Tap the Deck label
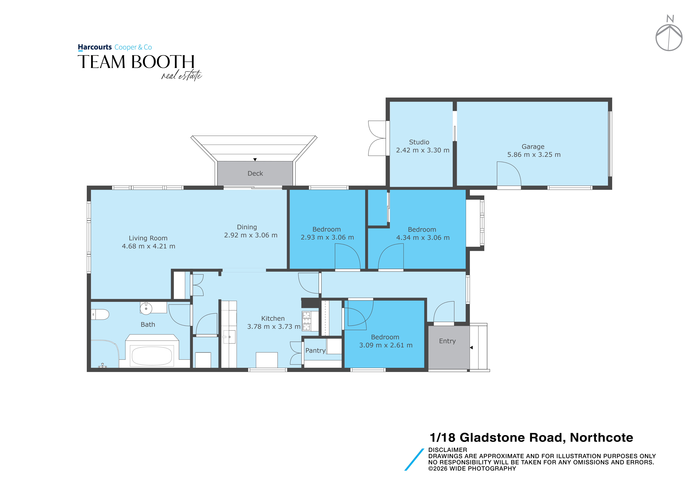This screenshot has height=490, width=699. click(x=255, y=174)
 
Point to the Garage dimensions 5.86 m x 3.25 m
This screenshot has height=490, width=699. click(x=534, y=155)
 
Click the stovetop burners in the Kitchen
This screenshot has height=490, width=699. click(x=306, y=321)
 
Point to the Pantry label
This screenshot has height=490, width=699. click(x=315, y=351)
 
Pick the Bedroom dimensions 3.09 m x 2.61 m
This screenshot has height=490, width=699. click(x=386, y=345)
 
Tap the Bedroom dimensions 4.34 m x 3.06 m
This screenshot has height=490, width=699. click(x=423, y=238)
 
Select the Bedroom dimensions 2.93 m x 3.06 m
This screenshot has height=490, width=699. click(x=327, y=237)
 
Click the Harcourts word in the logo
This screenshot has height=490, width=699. click(x=95, y=47)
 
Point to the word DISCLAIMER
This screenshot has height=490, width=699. click(x=448, y=450)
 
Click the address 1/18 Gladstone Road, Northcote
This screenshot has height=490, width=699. click(x=531, y=438)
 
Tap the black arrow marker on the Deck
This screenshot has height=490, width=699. click(x=255, y=159)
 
